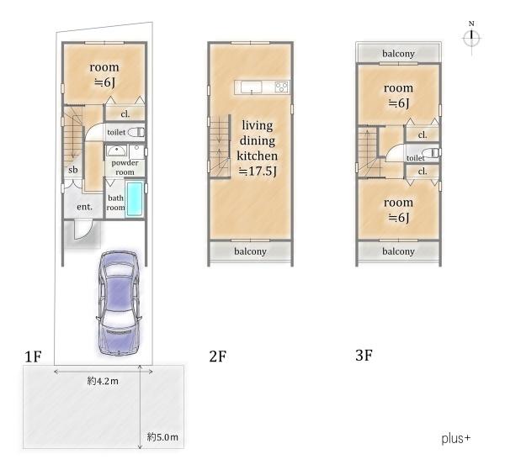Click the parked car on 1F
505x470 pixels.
(120, 304)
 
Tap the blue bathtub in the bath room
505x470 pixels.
(135, 198)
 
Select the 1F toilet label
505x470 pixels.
(116, 132)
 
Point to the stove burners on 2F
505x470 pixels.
(282, 87)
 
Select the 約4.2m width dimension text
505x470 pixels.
(103, 381)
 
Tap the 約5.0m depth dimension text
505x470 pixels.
(162, 437)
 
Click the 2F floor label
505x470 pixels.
(218, 356)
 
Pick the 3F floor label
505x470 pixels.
(364, 356)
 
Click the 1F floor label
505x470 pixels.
(33, 356)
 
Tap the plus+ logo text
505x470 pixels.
(455, 439)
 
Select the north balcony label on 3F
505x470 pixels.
(398, 54)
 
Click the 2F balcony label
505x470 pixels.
(250, 251)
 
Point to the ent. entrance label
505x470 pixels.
(84, 207)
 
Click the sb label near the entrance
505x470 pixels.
(73, 170)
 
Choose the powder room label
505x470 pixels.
(125, 167)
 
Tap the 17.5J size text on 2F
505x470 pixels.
(257, 172)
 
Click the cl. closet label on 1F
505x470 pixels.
(125, 114)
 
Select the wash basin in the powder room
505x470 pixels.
(117, 151)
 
